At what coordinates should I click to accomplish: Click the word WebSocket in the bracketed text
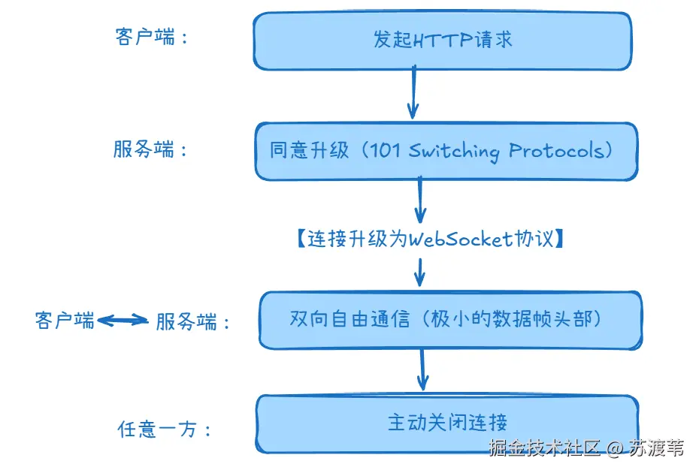[x=461, y=239]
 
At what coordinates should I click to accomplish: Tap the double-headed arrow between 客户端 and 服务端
[x=124, y=321]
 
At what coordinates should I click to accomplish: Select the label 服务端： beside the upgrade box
[x=150, y=149]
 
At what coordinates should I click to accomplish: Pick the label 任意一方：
[x=165, y=429]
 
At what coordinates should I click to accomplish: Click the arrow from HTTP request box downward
[x=413, y=93]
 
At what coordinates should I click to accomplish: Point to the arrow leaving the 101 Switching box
[x=420, y=201]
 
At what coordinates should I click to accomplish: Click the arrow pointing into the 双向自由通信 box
[x=420, y=272]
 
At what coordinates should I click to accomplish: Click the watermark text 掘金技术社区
[x=545, y=449]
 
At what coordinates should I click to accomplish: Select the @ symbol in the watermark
[x=615, y=449]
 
